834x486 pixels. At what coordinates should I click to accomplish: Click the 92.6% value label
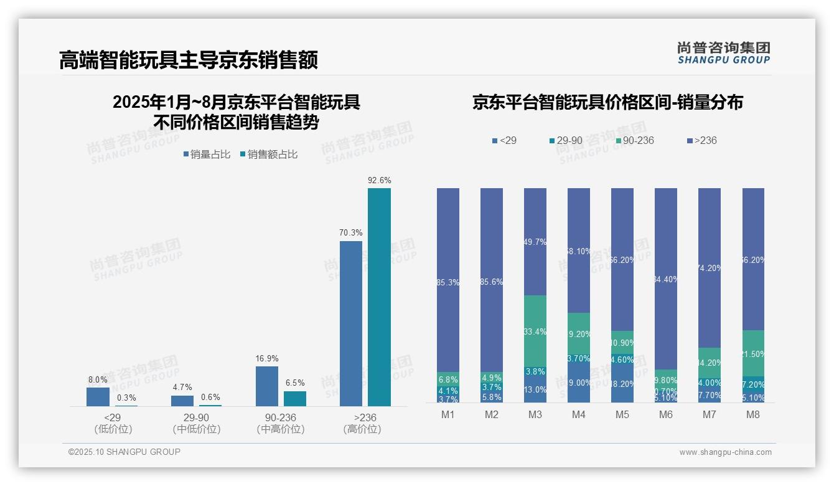point(379,181)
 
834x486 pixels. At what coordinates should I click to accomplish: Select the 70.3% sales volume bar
point(350,323)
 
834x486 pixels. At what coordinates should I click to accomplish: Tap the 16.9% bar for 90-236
point(266,386)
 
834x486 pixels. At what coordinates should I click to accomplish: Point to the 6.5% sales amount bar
point(295,399)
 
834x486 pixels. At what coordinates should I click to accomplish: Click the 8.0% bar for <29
point(98,397)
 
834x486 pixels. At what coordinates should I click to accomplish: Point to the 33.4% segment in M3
point(535,332)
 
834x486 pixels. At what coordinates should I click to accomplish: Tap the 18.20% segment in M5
point(622,384)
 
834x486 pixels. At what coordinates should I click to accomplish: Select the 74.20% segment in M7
point(709,268)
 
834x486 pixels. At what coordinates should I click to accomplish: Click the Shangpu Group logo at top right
point(723,53)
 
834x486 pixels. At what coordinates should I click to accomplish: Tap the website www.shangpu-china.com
point(725,452)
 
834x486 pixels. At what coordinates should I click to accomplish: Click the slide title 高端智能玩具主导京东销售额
point(188,60)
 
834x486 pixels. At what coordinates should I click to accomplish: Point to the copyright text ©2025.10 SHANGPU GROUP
point(124,452)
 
